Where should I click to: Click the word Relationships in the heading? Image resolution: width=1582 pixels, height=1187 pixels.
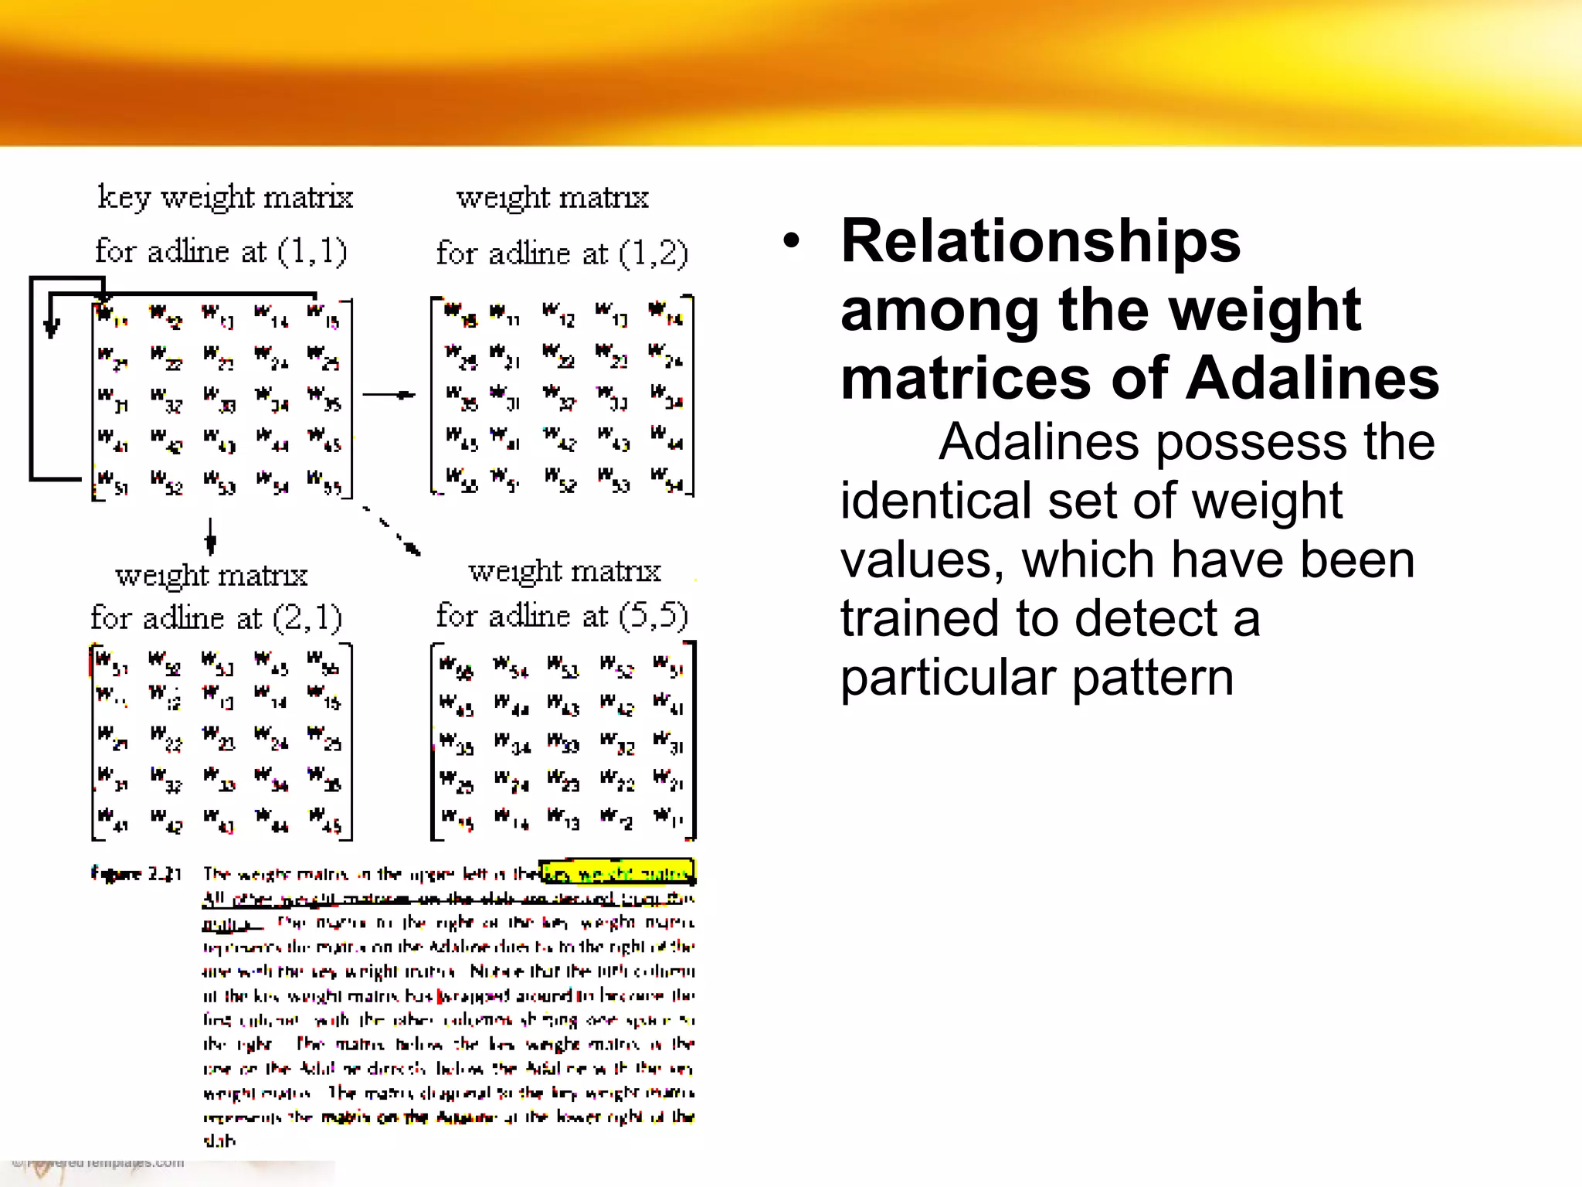[x=1041, y=242]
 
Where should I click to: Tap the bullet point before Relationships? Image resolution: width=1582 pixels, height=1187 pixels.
[x=790, y=240]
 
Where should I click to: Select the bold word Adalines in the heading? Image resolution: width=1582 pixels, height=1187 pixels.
[x=1312, y=379]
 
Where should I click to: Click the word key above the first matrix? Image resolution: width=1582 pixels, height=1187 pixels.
[x=123, y=198]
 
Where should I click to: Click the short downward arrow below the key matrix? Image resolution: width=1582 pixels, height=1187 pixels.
[x=210, y=536]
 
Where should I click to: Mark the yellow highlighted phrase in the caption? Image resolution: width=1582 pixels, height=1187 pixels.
[x=617, y=873]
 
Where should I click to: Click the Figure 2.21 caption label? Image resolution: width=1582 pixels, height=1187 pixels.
[x=136, y=874]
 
